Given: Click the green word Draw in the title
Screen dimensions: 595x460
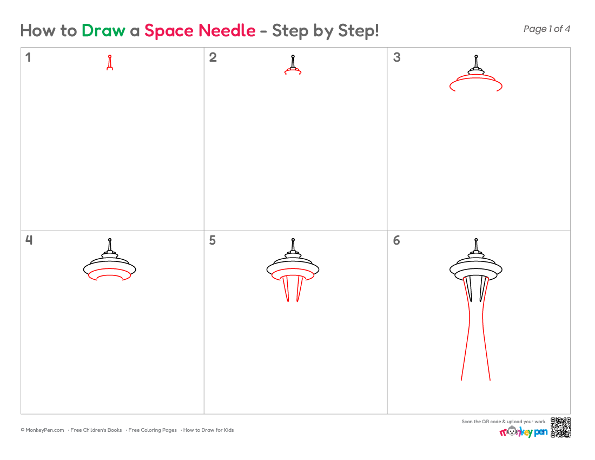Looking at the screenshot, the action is tap(103, 30).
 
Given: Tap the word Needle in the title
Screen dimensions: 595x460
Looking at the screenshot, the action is tap(227, 30).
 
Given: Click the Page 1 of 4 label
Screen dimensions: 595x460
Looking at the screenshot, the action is tap(546, 29).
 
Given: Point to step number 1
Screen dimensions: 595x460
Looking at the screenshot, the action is tap(28, 57).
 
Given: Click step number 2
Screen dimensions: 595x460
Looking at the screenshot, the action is tap(213, 57).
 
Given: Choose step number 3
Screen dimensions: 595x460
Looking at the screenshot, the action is tap(396, 57).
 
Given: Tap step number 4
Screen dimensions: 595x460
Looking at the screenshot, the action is tap(29, 240).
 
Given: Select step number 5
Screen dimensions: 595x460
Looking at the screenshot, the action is tap(213, 240).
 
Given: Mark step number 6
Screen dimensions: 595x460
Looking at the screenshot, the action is tap(396, 240).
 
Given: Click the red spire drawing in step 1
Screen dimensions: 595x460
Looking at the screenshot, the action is tap(110, 63).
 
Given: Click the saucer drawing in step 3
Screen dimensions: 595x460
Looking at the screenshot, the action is tap(476, 78).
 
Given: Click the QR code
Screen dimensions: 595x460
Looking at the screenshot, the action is tap(560, 428).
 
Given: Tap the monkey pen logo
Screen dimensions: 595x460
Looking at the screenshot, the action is tap(523, 431).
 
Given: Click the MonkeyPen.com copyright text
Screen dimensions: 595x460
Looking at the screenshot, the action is tap(42, 430).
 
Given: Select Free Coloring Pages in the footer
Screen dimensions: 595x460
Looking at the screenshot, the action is tap(152, 430).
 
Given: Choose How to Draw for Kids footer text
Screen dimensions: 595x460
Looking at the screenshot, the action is tap(208, 430).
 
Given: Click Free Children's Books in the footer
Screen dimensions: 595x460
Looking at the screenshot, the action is tap(96, 430).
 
